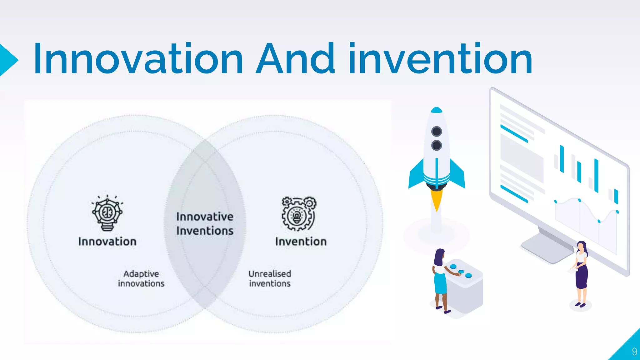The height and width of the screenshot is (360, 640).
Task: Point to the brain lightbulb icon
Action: coord(107,213)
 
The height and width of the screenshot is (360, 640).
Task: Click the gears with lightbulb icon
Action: coord(298,214)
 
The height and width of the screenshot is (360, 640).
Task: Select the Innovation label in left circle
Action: coord(107,242)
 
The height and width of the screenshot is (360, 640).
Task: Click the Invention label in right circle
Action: coord(301,242)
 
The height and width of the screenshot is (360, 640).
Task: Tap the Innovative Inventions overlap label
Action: coord(205,223)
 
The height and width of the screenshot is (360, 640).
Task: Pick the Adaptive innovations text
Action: coord(141,278)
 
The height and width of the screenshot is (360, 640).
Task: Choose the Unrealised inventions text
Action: coord(270,278)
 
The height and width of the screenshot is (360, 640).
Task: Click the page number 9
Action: coord(634,352)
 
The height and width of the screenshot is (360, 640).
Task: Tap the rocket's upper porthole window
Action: coord(436,131)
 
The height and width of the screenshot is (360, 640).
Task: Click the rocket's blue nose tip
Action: coord(436,110)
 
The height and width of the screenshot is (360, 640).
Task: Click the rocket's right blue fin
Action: coord(458,175)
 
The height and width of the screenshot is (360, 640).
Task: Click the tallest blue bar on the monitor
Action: coord(596,175)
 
